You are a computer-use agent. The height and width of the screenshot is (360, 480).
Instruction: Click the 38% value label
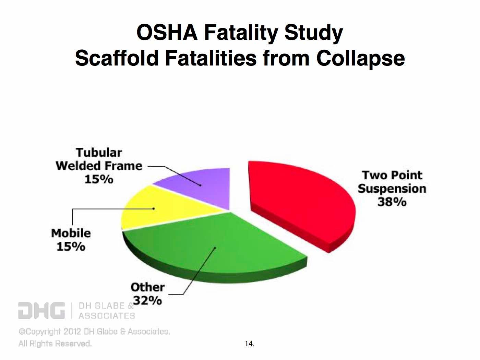click(392, 202)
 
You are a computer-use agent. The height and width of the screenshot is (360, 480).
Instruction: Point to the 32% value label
click(147, 300)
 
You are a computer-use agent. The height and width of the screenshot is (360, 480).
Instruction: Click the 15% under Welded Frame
click(99, 179)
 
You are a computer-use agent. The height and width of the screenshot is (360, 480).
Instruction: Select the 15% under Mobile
click(71, 246)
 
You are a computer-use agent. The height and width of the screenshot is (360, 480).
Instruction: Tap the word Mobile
click(71, 233)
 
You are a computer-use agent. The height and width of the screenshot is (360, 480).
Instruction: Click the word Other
click(147, 287)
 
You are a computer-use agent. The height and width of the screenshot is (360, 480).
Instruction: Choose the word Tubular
click(99, 153)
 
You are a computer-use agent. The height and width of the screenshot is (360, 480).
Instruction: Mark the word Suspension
click(392, 189)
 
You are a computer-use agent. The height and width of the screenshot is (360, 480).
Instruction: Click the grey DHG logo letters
click(41, 310)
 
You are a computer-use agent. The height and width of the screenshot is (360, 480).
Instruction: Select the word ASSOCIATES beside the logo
click(107, 316)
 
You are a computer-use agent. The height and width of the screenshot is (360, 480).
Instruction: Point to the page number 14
click(250, 344)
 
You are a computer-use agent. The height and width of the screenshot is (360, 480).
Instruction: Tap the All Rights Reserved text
click(55, 344)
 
